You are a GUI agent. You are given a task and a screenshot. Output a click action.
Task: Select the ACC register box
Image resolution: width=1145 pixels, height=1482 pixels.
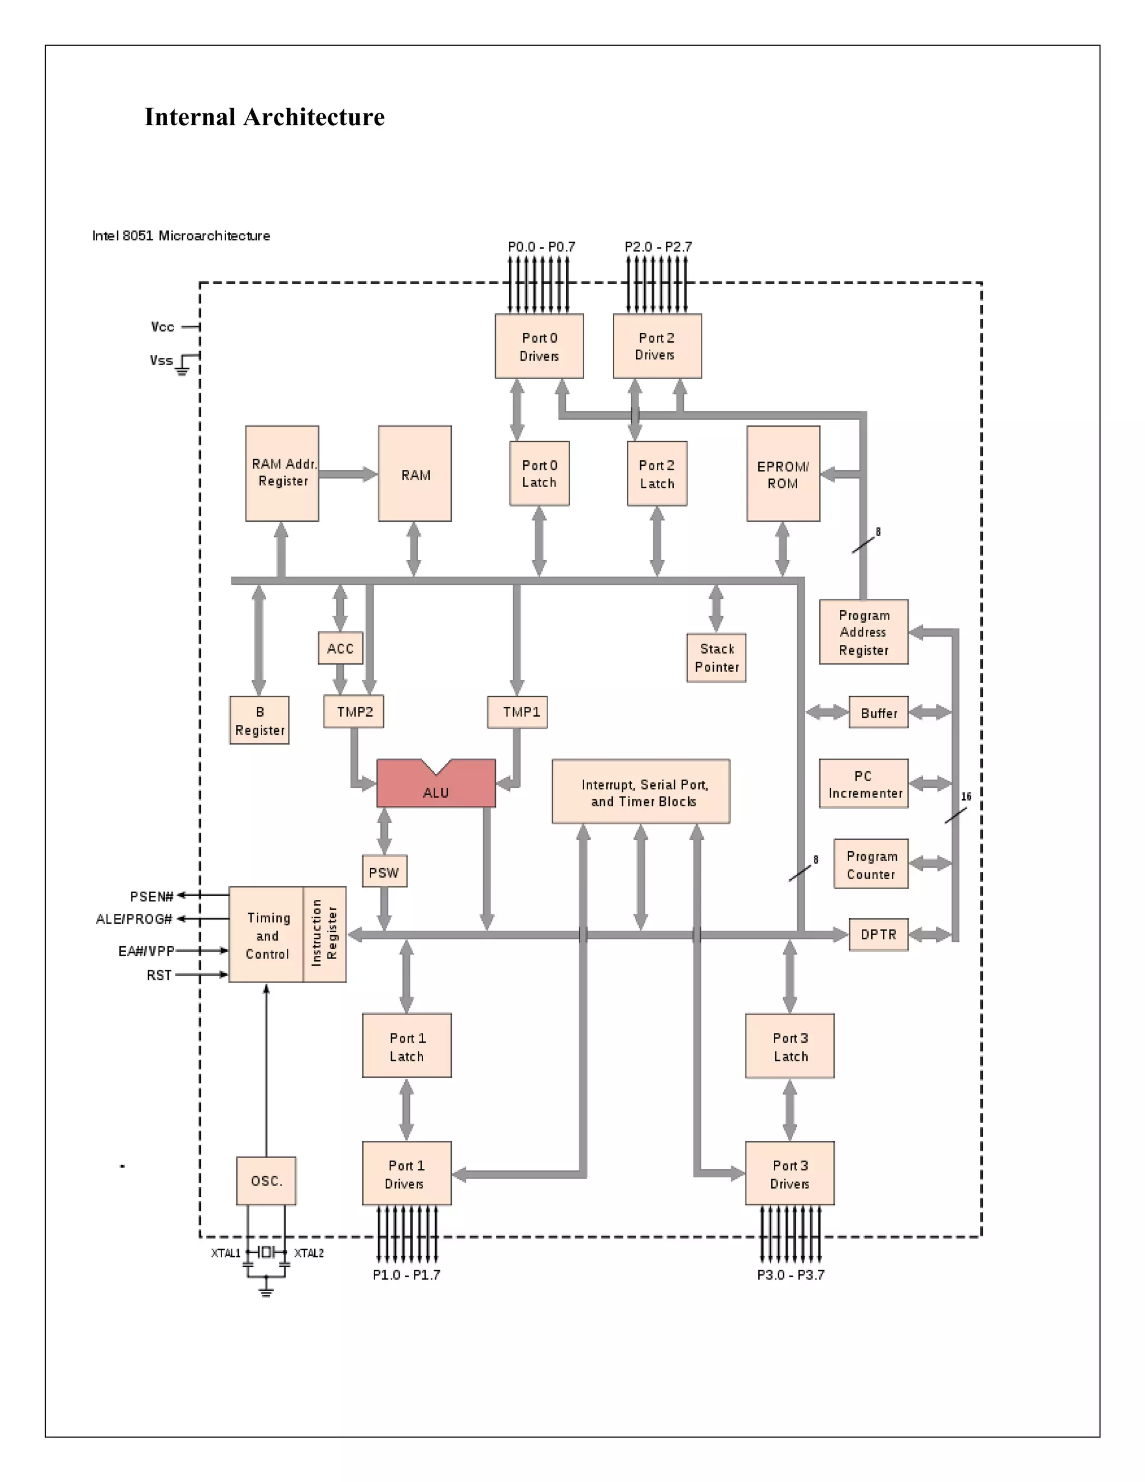point(340,648)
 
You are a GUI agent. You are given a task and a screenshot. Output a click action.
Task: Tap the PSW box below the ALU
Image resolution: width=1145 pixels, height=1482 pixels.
point(384,872)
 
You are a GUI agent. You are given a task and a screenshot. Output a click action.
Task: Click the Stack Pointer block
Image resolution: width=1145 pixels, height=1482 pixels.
point(716,658)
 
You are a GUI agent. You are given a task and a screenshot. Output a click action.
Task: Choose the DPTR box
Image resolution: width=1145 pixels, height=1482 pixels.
point(878,934)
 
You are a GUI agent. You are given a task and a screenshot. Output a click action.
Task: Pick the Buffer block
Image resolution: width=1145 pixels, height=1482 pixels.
point(878,712)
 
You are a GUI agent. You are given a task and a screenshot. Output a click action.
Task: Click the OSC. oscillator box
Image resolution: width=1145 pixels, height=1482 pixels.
point(266,1181)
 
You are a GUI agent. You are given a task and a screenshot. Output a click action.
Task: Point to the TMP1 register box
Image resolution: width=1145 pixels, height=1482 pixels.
point(518,712)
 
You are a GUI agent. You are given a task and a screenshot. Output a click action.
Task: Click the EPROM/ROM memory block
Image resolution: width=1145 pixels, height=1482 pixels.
point(783,474)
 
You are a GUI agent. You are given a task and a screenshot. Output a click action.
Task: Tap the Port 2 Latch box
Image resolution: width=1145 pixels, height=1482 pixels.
point(656,474)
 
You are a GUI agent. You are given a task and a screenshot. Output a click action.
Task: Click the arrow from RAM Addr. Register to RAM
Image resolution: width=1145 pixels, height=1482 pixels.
point(347,474)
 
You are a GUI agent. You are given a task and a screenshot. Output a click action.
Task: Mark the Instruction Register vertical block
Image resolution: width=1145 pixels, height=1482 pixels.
point(324,934)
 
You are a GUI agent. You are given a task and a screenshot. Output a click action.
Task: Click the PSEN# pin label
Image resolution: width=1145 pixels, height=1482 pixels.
point(152,896)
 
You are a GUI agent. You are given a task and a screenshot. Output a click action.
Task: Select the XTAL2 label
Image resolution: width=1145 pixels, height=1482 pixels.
point(309,1253)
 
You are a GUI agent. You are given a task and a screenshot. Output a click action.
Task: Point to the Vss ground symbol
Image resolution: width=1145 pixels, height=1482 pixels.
point(182,370)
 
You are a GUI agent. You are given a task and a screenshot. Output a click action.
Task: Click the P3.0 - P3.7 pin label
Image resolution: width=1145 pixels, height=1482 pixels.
point(790,1275)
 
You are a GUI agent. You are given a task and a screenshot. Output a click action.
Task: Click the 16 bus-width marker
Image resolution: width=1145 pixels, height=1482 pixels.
point(966,796)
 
